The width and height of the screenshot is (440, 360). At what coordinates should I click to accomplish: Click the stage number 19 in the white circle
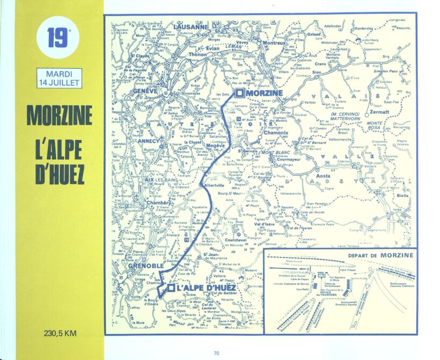click(58, 38)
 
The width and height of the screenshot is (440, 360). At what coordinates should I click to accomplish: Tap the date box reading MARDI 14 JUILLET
click(58, 78)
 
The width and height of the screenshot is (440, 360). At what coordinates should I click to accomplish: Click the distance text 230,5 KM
click(60, 333)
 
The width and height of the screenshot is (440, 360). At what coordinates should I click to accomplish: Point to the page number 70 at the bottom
click(217, 352)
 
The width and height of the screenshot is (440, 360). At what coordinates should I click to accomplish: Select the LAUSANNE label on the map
click(190, 27)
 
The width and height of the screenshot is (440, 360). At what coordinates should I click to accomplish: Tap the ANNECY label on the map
click(134, 141)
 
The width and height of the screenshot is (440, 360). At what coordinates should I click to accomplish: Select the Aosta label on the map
click(322, 176)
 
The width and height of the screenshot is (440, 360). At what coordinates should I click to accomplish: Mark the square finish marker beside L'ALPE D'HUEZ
click(170, 288)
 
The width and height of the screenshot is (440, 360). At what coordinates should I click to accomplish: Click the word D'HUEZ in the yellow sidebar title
click(59, 174)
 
